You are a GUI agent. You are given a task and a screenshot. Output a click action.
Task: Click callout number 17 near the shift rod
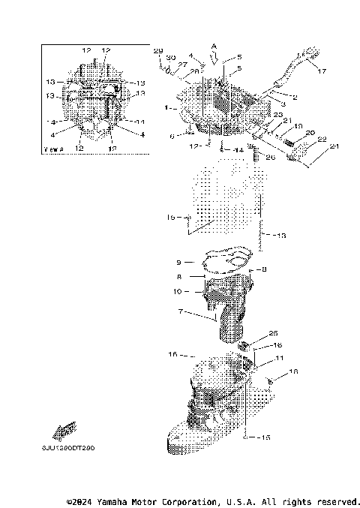click(322, 72)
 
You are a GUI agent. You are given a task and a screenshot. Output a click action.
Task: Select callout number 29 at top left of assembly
click(157, 50)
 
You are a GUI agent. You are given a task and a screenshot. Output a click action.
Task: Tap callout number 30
click(170, 57)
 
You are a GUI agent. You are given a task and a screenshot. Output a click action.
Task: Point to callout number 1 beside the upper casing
click(166, 108)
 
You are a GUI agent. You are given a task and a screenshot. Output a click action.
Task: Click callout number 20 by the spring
click(309, 132)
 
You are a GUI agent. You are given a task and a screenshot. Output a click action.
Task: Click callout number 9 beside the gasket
click(179, 262)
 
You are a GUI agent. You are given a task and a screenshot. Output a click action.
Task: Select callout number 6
click(172, 136)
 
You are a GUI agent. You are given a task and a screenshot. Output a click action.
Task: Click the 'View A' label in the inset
click(55, 149)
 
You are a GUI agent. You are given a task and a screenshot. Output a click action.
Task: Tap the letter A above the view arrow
click(214, 45)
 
